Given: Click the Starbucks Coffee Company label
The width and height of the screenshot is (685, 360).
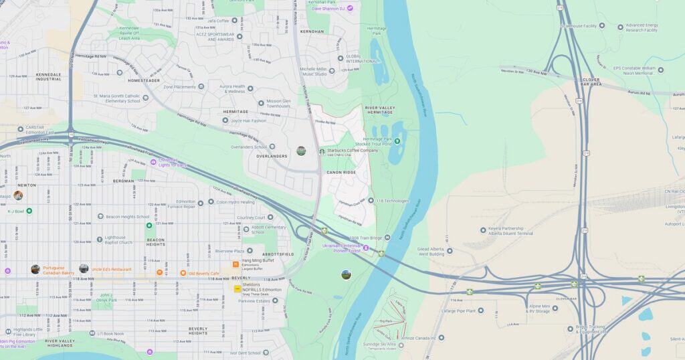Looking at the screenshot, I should [x=353, y=151].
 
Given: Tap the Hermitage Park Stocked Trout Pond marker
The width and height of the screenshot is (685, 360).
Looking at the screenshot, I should [x=397, y=141].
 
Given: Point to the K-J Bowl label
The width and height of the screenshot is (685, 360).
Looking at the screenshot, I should [x=15, y=211].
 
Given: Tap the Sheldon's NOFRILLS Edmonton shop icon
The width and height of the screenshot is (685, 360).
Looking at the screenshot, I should [x=237, y=289].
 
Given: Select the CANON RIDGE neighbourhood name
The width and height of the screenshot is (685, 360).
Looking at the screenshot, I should [x=341, y=173].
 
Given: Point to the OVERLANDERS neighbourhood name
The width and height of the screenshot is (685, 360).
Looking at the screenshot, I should [x=272, y=157].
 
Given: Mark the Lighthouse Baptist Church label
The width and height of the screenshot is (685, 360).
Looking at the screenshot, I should [x=124, y=240].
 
